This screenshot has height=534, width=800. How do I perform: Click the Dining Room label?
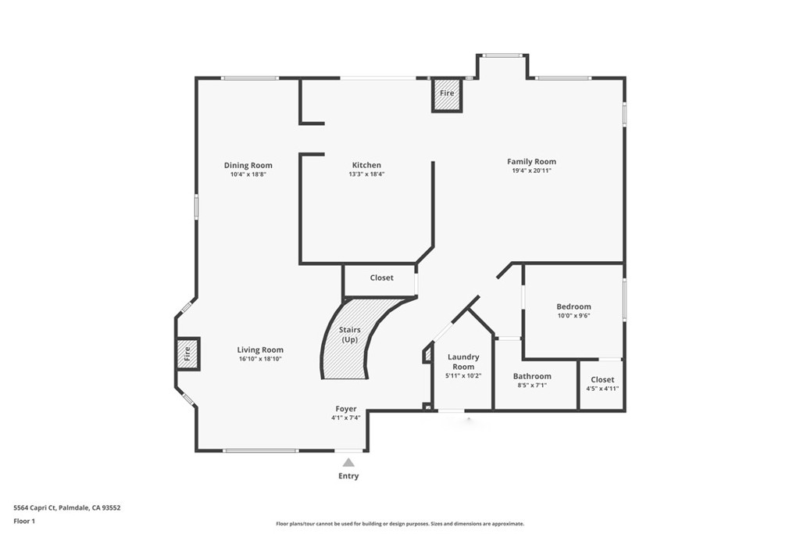(x=248, y=165)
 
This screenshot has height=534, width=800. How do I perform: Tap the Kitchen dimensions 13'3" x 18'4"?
(x=366, y=174)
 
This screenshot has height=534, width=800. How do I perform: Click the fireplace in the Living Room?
(x=187, y=353)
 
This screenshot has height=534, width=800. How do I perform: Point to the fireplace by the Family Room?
(x=447, y=94)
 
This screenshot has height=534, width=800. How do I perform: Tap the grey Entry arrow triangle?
(x=348, y=462)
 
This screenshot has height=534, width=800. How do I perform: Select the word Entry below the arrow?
(x=348, y=475)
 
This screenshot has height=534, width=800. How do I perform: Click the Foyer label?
(x=346, y=409)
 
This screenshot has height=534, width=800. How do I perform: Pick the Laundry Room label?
(x=463, y=362)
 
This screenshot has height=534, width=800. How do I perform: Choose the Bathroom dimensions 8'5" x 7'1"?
(x=532, y=385)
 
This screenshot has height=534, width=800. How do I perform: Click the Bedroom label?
(x=573, y=306)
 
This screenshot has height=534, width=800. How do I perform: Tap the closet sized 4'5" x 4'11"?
(x=602, y=384)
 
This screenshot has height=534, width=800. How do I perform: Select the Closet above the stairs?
(x=381, y=278)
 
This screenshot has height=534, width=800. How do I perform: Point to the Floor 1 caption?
(x=26, y=520)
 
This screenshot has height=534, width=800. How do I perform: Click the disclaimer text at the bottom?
(x=399, y=524)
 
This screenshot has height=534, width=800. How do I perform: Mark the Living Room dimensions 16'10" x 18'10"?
(x=261, y=359)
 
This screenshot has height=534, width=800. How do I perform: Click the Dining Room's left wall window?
(x=196, y=206)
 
